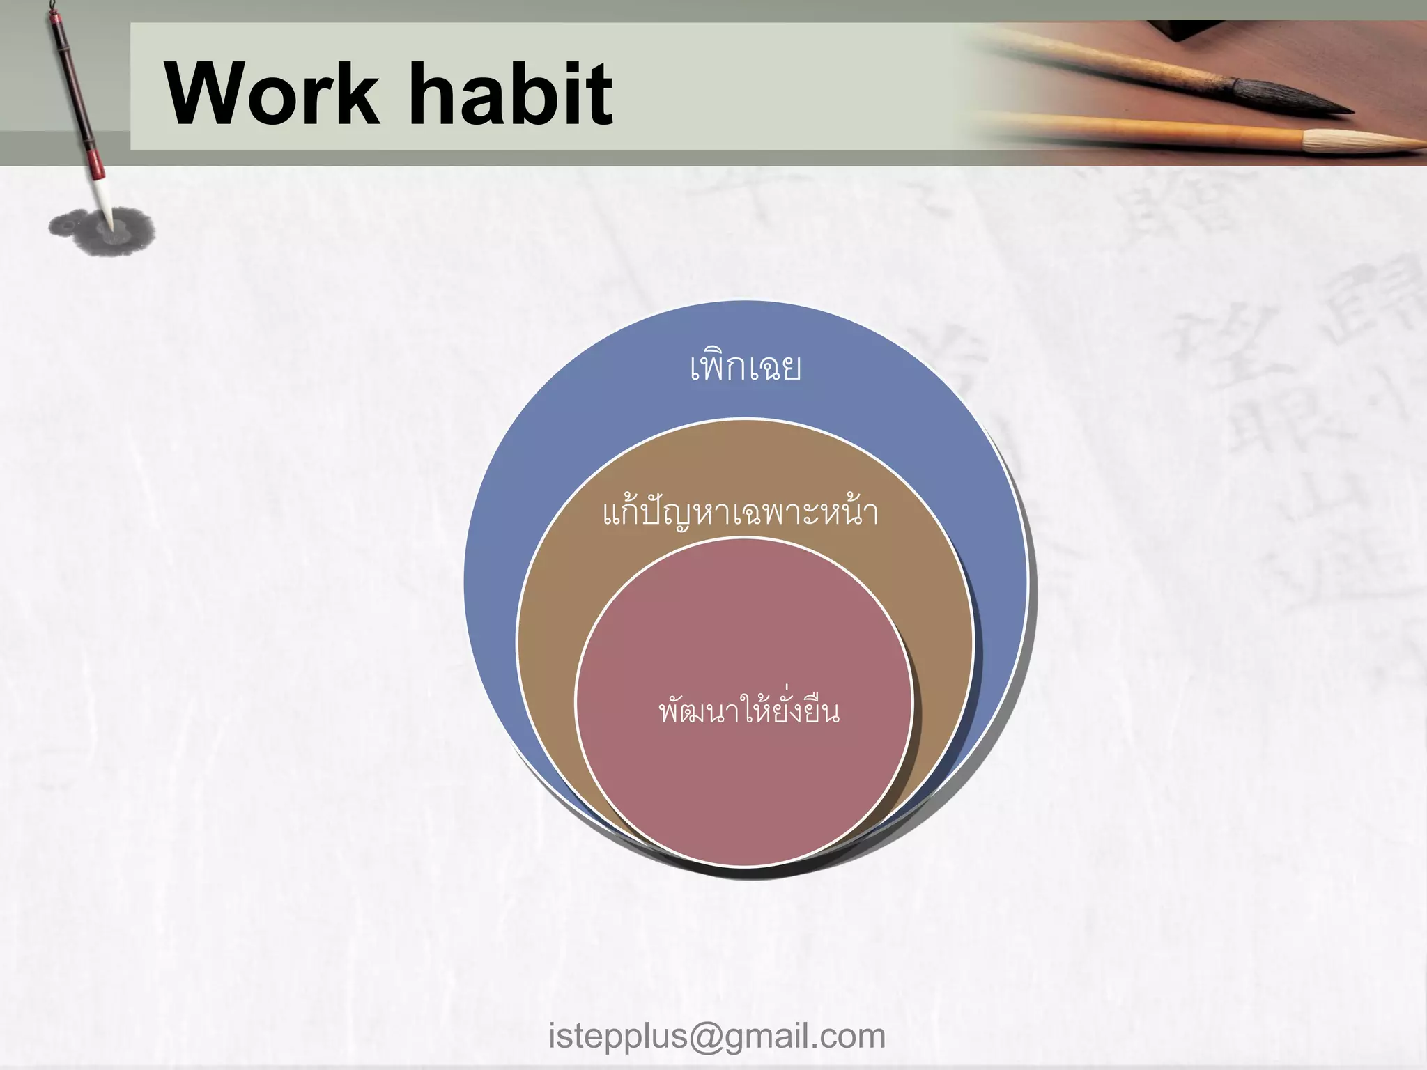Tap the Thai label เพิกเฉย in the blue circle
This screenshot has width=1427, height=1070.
[745, 367]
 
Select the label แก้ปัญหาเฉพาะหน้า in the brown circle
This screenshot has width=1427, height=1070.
[740, 513]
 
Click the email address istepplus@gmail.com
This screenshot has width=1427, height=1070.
[717, 1036]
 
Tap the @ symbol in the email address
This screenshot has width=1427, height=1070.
[705, 1036]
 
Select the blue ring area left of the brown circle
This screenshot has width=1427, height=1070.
[491, 592]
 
